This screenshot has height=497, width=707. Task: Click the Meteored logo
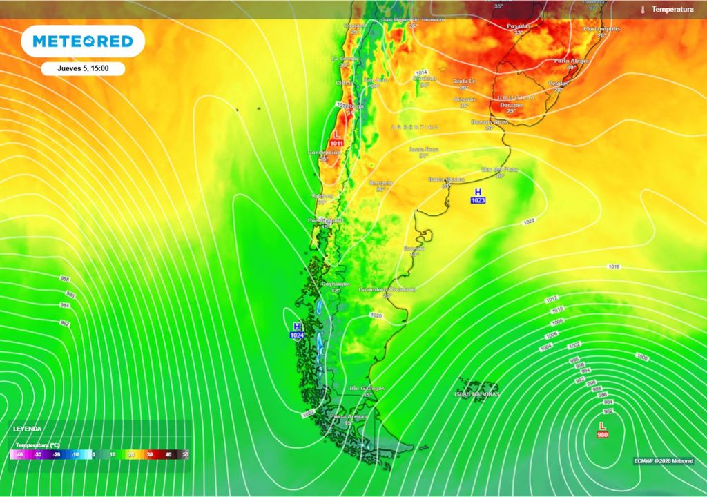[x=82, y=41]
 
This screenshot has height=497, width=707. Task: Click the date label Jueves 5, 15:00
[x=82, y=68]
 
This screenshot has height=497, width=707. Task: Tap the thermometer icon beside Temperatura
[x=642, y=10]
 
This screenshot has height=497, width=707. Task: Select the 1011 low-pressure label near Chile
[x=336, y=143]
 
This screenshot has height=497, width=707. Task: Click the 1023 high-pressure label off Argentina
[x=478, y=200]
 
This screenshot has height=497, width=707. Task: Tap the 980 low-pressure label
[x=602, y=434]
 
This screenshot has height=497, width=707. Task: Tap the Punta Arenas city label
[x=348, y=416]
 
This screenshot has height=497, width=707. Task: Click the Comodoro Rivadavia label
[x=387, y=289]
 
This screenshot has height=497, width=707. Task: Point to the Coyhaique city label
[x=336, y=284]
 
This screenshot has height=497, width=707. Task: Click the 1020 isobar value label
[x=376, y=315]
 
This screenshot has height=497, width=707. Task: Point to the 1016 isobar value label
[x=614, y=266]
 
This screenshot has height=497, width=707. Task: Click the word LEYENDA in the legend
[x=27, y=429]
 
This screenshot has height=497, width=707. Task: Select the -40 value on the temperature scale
[x=19, y=455]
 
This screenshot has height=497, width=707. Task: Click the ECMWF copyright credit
[x=664, y=461]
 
